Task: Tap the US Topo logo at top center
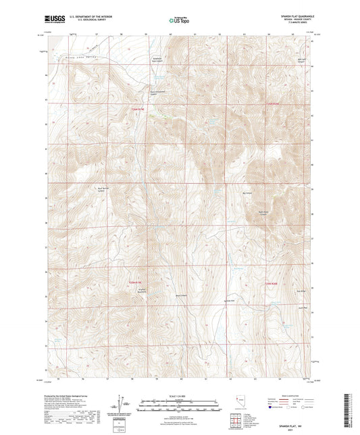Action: pos(179,22)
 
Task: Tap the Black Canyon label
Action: pos(180,295)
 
